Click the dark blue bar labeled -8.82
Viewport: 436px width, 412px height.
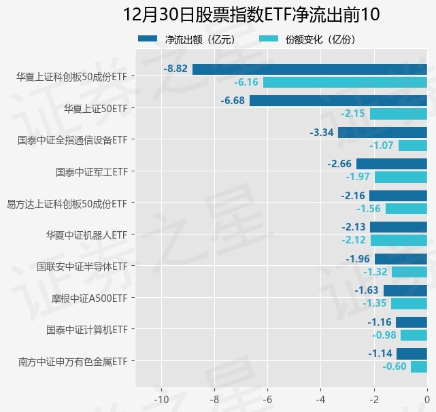tap(309, 69)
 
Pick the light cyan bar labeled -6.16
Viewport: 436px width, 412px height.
tap(345, 82)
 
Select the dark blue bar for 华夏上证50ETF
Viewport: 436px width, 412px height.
tap(338, 101)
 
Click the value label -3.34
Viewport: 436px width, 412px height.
tap(321, 132)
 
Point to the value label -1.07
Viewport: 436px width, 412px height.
tap(381, 145)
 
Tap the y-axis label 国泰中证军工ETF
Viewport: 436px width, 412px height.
tap(92, 171)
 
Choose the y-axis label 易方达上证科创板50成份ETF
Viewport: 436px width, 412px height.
tap(67, 203)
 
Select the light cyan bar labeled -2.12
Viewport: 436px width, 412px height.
tap(399, 240)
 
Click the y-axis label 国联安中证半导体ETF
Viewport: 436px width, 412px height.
tap(82, 266)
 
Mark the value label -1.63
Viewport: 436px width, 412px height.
tap(367, 290)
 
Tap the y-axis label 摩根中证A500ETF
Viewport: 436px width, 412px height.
tap(90, 298)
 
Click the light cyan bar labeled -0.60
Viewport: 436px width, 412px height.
tap(419, 367)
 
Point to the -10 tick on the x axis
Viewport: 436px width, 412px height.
tap(161, 398)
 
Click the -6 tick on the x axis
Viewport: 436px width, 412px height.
tap(267, 398)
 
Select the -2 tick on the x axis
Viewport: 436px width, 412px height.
tap(373, 398)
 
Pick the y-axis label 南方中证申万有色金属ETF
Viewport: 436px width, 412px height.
tap(73, 361)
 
